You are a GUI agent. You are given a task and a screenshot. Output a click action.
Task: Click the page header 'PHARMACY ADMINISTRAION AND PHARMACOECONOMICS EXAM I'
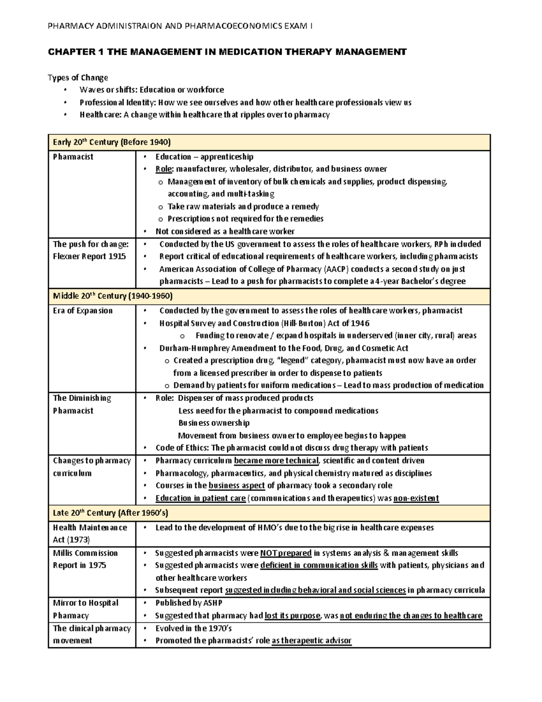click(180, 26)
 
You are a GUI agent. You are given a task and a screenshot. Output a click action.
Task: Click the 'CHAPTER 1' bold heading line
click(227, 52)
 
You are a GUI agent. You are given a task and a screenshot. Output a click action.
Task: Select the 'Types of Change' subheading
click(78, 77)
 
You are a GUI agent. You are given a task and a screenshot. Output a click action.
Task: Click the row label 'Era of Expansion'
click(83, 311)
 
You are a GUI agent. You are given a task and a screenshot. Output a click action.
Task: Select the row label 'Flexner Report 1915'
click(89, 256)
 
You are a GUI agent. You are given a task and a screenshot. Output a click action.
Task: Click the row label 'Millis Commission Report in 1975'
click(85, 559)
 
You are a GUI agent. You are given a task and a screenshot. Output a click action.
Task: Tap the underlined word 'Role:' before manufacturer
click(164, 169)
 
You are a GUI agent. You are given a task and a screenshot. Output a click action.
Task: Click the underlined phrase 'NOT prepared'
click(286, 553)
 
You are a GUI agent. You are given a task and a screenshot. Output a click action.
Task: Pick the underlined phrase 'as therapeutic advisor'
click(311, 641)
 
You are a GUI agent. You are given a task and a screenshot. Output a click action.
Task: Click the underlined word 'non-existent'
click(416, 498)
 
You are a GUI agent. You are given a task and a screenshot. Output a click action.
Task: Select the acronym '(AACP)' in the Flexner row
click(336, 269)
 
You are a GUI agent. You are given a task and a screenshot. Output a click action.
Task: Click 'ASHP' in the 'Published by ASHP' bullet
click(212, 603)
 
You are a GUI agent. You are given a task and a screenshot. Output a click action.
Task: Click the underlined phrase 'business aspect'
click(236, 485)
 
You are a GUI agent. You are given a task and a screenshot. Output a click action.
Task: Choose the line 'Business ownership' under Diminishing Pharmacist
click(214, 423)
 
